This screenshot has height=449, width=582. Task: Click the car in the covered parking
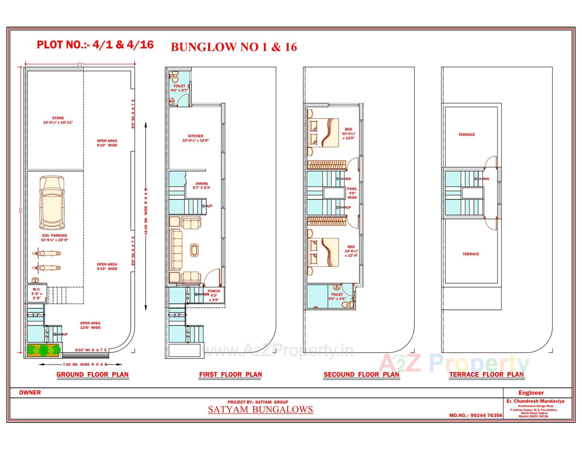click(x=52, y=203)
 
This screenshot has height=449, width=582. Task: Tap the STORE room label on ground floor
click(x=58, y=121)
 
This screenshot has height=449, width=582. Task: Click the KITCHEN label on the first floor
click(x=196, y=138)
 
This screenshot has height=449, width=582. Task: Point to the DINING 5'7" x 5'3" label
click(x=202, y=186)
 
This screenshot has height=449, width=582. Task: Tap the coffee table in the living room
click(x=194, y=250)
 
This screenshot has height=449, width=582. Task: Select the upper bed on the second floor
click(x=323, y=133)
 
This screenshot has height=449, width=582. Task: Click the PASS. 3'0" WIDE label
click(x=352, y=193)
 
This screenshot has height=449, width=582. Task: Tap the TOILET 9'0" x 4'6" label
click(x=337, y=296)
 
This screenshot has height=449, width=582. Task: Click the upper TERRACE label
click(x=467, y=135)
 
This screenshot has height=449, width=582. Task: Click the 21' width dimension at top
click(x=80, y=64)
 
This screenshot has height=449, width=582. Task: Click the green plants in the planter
click(x=44, y=350)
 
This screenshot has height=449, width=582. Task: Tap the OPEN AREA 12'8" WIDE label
click(x=90, y=325)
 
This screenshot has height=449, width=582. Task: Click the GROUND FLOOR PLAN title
click(x=92, y=375)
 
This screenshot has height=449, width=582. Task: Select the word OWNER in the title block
click(x=30, y=393)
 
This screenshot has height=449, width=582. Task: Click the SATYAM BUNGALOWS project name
click(x=260, y=410)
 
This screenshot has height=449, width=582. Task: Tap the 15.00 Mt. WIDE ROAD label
click(x=146, y=212)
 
